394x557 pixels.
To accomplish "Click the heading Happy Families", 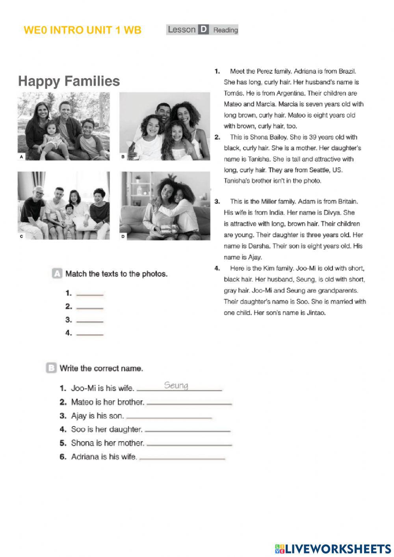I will [69, 81].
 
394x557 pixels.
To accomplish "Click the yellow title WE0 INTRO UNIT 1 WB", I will [82, 30].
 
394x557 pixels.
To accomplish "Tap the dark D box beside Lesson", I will [203, 30].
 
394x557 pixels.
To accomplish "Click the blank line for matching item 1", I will [89, 294].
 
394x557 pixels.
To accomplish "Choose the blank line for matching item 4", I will [89, 334].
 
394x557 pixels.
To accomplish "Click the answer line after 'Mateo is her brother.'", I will [189, 403].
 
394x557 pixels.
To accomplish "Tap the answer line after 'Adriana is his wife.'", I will [182, 458].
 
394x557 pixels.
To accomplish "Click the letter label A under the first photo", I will [21, 157].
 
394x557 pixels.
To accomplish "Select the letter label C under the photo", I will [21, 237].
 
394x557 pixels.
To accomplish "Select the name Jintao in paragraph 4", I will [316, 313].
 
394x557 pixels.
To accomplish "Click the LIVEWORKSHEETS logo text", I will [337, 548].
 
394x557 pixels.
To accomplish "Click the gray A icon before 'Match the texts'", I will [57, 274].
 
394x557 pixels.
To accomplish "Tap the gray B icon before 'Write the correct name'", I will [51, 368].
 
